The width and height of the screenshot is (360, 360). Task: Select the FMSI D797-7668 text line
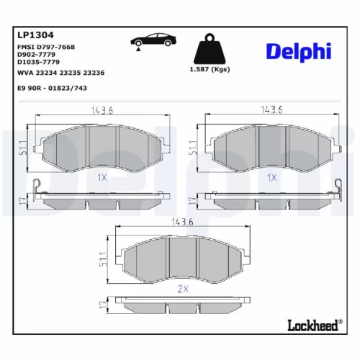tap(45, 47)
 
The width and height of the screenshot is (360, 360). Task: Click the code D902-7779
tap(35, 54)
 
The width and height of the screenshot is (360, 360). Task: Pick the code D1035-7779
tap(37, 62)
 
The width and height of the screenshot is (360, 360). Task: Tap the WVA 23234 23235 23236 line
tap(60, 71)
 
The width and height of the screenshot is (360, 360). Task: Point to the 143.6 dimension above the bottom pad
tap(182, 222)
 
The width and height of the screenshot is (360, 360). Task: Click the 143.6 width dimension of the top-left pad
tap(102, 109)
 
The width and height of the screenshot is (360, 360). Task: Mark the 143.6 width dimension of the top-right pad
tap(271, 109)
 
